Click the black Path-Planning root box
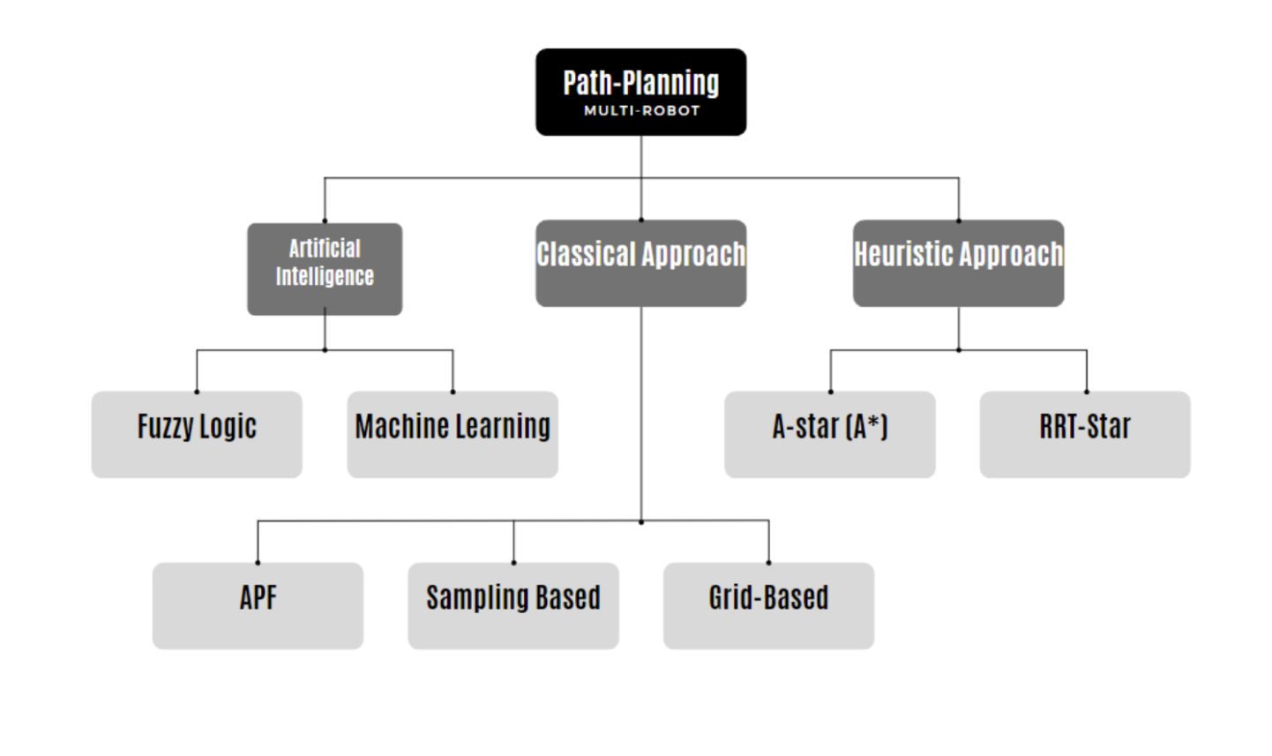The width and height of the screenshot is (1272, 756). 640,92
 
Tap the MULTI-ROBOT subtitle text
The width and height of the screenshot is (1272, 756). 641,111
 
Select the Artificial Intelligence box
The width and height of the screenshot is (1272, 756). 325,268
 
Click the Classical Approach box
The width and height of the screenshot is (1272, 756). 640,263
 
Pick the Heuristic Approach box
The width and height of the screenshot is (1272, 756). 958,263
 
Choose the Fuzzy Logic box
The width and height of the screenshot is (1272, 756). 197,435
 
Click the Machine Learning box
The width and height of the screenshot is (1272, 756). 453,435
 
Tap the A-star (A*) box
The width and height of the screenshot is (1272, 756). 829,435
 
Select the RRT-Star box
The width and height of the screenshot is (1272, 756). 1084,435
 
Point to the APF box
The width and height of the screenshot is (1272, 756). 258,606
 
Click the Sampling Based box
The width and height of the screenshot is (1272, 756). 513,606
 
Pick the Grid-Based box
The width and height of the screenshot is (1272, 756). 768,606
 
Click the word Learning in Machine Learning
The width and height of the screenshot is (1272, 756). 504,427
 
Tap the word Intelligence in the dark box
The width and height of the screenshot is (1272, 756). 325,277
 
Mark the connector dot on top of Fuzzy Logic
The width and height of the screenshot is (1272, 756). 197,392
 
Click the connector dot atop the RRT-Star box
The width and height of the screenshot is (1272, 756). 1086,392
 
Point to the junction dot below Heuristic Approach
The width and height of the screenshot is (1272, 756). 959,350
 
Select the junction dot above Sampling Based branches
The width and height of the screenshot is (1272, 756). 641,522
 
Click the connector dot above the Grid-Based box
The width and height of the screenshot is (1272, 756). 768,563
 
